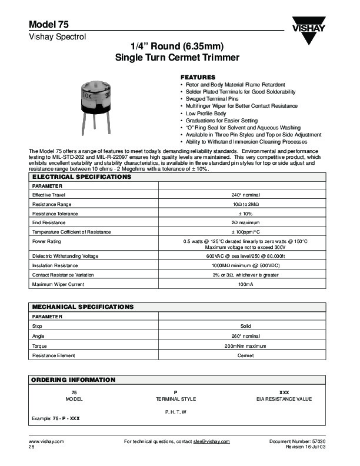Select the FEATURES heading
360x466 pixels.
[198, 78]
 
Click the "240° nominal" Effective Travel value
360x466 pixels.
[246, 194]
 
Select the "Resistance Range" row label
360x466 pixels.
[51, 204]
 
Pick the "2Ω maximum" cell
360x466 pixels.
[246, 222]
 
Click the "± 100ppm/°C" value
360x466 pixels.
[246, 232]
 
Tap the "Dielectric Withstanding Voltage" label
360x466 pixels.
[65, 256]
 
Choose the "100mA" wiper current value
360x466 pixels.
[246, 284]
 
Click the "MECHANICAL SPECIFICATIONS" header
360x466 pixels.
[82, 307]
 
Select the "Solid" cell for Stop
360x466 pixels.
[246, 325]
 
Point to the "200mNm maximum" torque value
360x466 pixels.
[246, 346]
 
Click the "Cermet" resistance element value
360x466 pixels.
[246, 355]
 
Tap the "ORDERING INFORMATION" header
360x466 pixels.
[74, 380]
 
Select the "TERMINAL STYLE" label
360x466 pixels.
[176, 399]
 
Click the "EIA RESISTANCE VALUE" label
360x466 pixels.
[284, 399]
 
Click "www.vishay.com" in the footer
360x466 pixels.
[46, 441]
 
